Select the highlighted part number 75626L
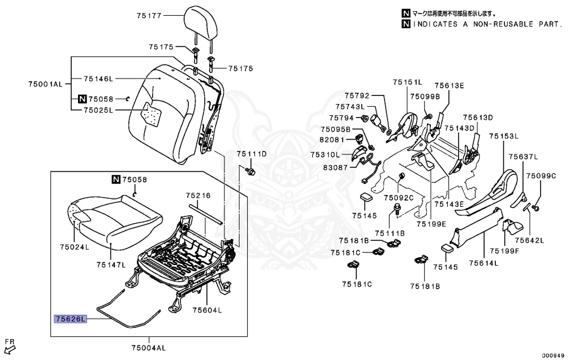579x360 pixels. [71, 319]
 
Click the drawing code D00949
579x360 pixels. [553, 355]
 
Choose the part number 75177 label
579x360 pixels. [149, 16]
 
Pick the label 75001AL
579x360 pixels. [46, 84]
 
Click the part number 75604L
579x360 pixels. [207, 310]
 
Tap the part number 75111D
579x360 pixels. [251, 154]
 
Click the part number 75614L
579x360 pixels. [483, 263]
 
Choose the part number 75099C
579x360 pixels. [541, 176]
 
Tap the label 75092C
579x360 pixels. [399, 198]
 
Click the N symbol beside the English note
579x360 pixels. [406, 24]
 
